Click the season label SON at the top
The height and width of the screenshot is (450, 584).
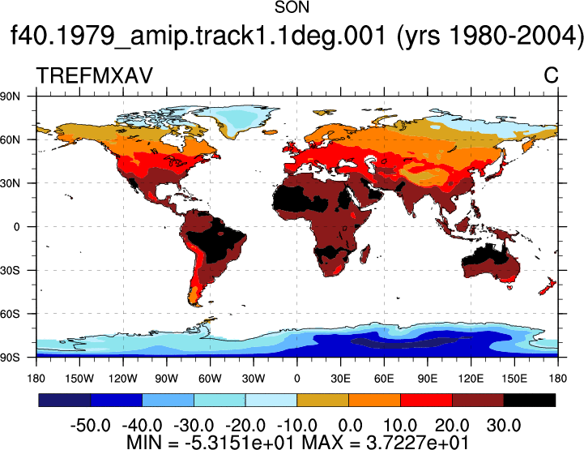pos(292,7)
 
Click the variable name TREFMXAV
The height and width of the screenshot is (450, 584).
pos(95,75)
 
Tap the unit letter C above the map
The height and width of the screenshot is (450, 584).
pos(551,75)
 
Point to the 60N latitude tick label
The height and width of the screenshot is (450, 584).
pos(10,139)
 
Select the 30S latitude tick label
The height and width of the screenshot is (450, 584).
pos(10,270)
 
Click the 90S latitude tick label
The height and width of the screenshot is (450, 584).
pos(10,358)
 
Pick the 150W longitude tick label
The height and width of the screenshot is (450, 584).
pos(79,379)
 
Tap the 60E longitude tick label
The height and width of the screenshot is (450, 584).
pos(384,379)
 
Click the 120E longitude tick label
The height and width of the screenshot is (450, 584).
pos(471,379)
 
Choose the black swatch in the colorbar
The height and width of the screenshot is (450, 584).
pos(529,400)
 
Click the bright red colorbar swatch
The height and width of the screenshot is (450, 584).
pos(426,400)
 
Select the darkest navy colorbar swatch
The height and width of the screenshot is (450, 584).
pos(65,400)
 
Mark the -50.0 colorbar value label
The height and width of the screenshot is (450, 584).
pos(91,426)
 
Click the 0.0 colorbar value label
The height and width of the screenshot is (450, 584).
pos(350,426)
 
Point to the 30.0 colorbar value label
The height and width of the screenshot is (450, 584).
pos(504,426)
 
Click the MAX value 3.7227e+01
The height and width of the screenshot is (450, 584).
pos(417,443)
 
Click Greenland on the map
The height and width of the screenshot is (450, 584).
pos(238,118)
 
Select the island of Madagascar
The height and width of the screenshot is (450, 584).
pos(365,254)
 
